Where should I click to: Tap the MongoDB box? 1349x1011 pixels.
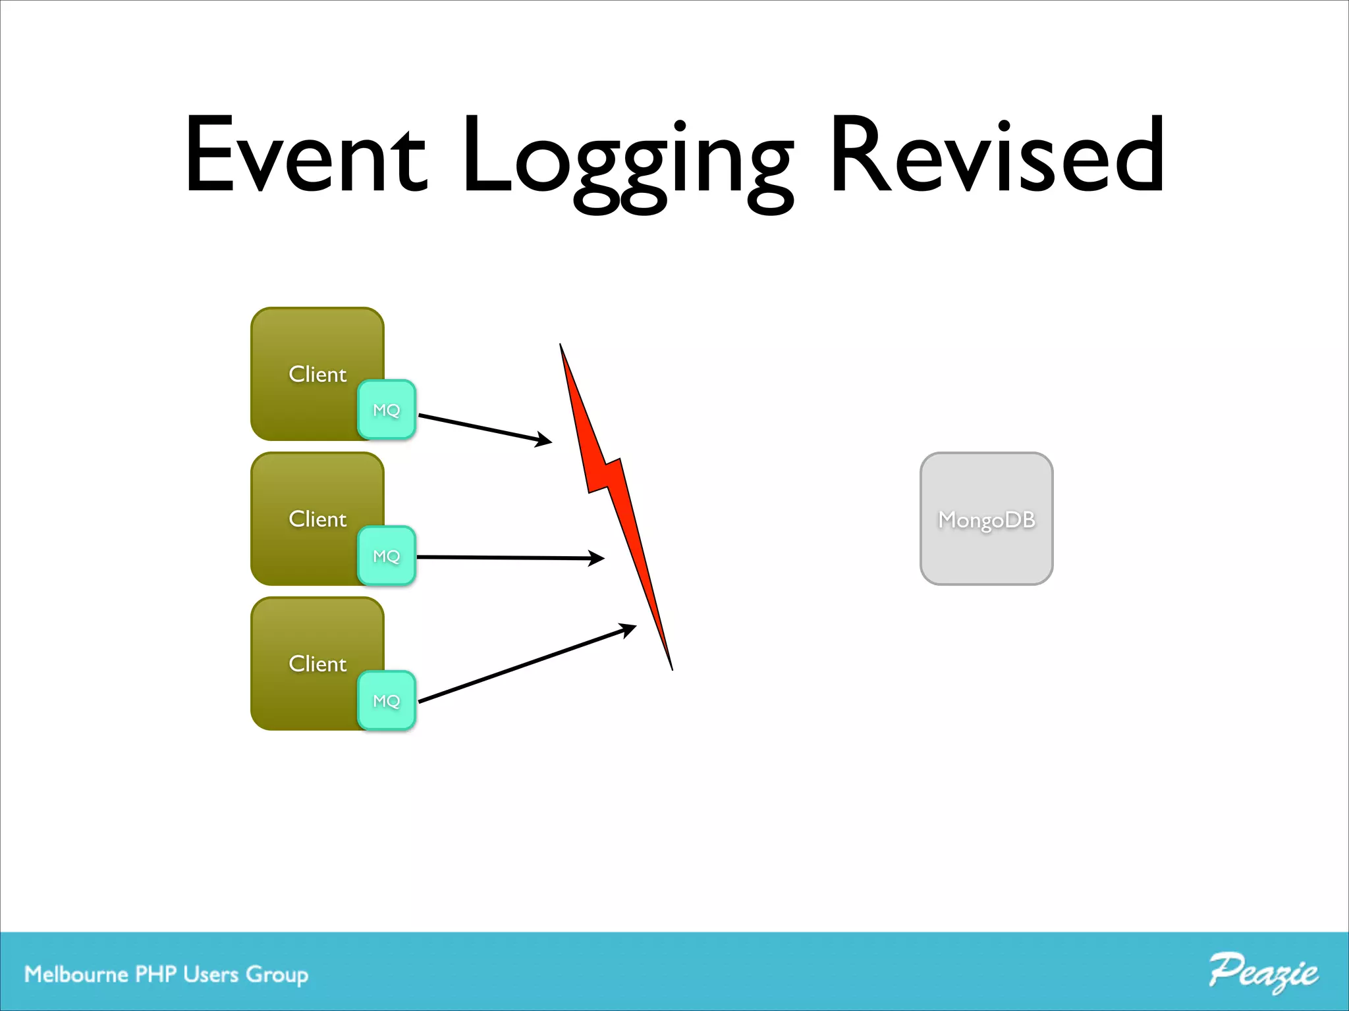click(986, 519)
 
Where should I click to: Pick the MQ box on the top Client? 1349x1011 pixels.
click(387, 409)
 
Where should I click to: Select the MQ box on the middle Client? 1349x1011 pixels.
click(387, 556)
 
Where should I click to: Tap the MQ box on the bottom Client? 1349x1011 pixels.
click(387, 700)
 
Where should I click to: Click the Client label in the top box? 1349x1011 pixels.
click(317, 374)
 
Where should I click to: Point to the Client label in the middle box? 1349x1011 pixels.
click(317, 519)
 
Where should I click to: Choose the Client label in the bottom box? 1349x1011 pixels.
click(317, 663)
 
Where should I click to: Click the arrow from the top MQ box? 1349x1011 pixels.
click(484, 428)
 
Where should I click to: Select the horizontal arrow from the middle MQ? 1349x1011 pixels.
click(507, 557)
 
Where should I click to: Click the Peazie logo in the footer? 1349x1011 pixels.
click(1263, 972)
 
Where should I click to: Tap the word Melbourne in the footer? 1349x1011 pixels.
click(76, 974)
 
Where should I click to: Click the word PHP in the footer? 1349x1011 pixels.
click(155, 974)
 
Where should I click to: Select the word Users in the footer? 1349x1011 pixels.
click(211, 974)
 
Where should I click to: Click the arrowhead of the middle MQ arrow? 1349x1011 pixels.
click(597, 558)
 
